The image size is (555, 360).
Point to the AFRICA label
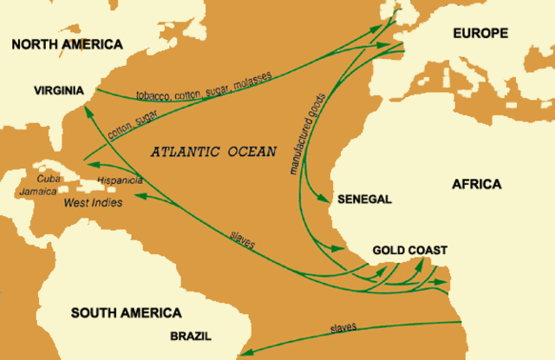[x=477, y=184]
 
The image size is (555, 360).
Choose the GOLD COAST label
[x=409, y=251]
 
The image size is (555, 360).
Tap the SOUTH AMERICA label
[x=126, y=313]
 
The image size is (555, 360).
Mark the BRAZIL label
[x=189, y=335]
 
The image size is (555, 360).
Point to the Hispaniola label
[x=120, y=181]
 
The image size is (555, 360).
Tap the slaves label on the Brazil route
[x=344, y=329]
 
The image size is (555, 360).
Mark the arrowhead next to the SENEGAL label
[x=330, y=199]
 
